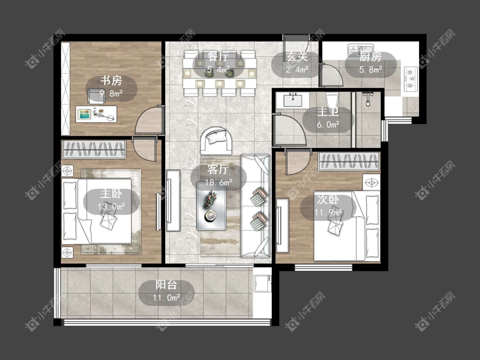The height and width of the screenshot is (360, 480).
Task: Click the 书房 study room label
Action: (x=111, y=81)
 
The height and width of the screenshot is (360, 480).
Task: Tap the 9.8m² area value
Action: (x=111, y=93)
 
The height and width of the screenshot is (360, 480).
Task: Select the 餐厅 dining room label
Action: (x=218, y=57)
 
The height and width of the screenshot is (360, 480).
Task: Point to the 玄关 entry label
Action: (x=297, y=57)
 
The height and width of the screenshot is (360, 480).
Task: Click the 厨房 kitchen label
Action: (x=370, y=57)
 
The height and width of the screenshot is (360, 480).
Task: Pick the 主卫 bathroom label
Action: (x=328, y=112)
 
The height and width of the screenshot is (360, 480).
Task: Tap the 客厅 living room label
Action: (x=218, y=170)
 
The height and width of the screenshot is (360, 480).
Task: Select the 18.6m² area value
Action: (x=218, y=183)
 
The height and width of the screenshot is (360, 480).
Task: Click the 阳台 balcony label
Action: (x=166, y=285)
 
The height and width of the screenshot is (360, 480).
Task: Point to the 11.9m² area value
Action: (x=328, y=212)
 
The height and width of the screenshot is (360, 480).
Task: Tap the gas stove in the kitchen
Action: (x=411, y=79)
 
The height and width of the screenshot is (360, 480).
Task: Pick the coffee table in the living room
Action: (x=211, y=206)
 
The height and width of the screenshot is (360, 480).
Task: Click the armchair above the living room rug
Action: (x=216, y=141)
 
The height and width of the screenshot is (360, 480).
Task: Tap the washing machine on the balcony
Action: (x=262, y=284)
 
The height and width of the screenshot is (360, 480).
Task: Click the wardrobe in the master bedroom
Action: (x=94, y=149)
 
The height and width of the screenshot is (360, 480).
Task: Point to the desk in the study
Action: (x=96, y=114)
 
